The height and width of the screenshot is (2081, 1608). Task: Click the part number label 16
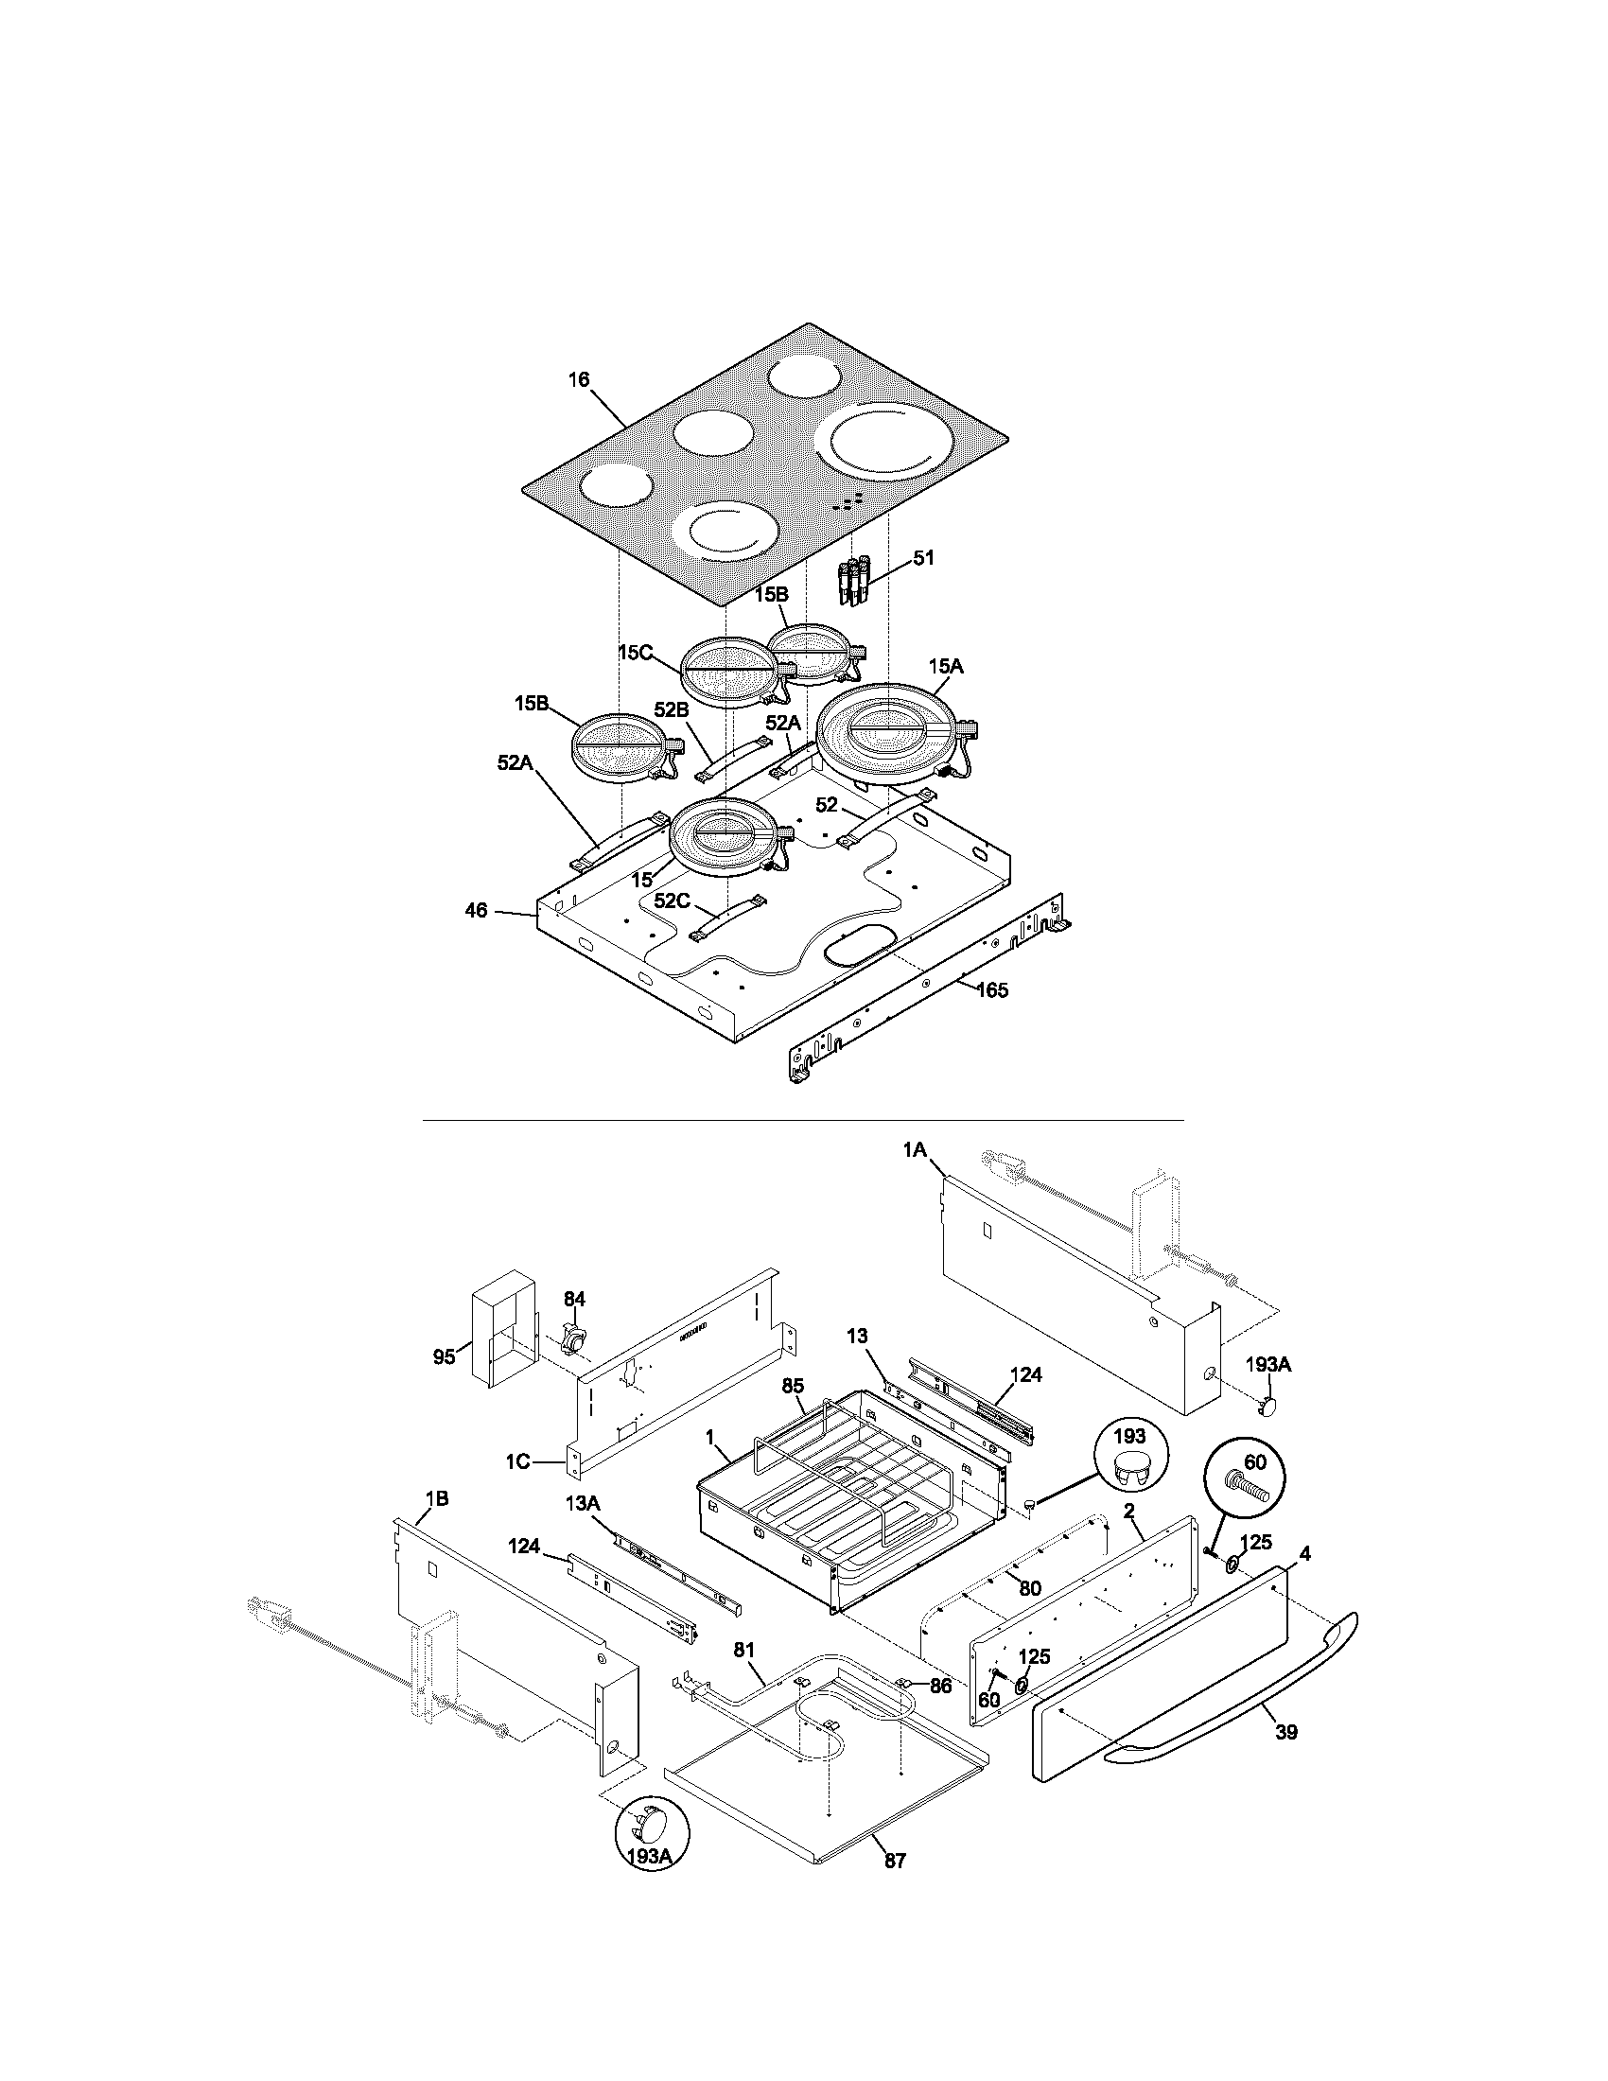[579, 379]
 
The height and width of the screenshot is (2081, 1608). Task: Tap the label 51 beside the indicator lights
[923, 557]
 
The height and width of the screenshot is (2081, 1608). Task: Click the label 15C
[635, 653]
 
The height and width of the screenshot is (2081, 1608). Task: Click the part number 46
[476, 910]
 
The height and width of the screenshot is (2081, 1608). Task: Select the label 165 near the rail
[991, 990]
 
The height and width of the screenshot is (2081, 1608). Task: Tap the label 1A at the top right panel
[915, 1151]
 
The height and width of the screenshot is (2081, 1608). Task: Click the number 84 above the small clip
[573, 1299]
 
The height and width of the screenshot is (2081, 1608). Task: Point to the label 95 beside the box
[444, 1356]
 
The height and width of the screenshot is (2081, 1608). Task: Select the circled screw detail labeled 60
[1247, 1475]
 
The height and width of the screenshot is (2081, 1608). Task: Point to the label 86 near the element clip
[940, 1686]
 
